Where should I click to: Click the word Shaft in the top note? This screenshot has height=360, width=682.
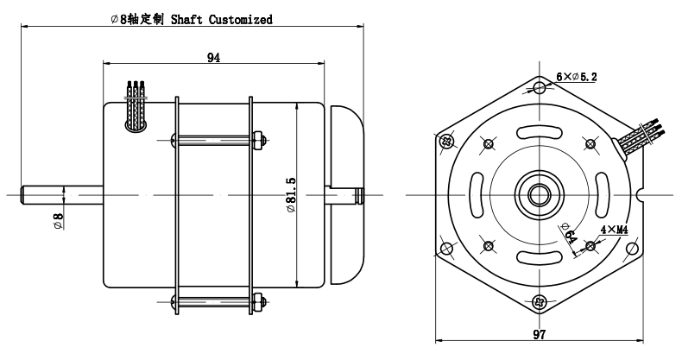pyautogui.click(x=186, y=20)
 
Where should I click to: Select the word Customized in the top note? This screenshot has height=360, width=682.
pyautogui.click(x=241, y=20)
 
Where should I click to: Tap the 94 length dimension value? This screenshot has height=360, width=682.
pyautogui.click(x=213, y=58)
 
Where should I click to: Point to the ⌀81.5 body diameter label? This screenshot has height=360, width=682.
pyautogui.click(x=291, y=194)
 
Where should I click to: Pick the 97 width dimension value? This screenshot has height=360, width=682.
pyautogui.click(x=540, y=335)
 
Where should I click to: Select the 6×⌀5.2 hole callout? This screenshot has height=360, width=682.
pyautogui.click(x=577, y=77)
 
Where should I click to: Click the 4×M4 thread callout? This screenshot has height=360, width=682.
pyautogui.click(x=614, y=230)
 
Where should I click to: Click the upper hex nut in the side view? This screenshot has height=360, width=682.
pyautogui.click(x=258, y=140)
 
